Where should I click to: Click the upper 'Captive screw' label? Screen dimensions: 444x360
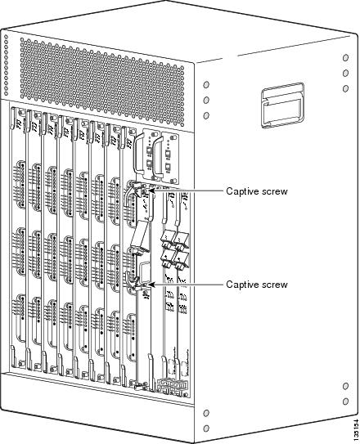pos(256,191)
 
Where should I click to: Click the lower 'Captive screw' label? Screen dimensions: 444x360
pos(256,285)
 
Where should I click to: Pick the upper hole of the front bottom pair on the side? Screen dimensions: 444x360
pos(206,412)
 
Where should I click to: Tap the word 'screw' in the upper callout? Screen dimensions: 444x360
pos(274,191)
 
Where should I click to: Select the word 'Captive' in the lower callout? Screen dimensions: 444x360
pos(242,285)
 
